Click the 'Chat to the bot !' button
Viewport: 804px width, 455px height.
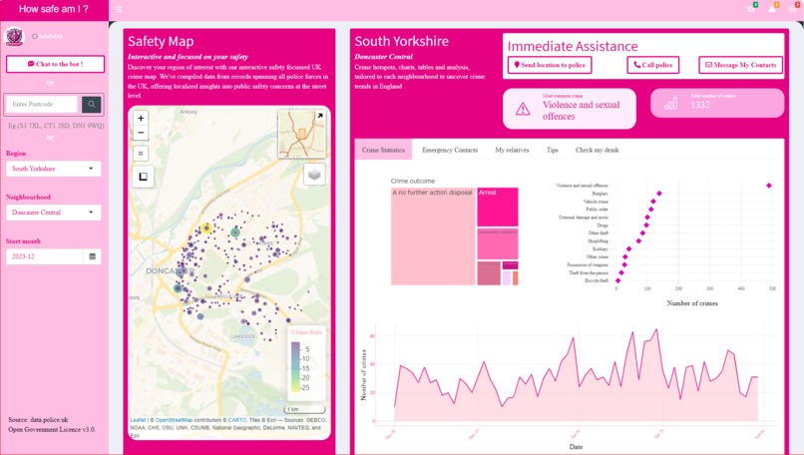(55, 64)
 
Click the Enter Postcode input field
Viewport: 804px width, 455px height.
(42, 104)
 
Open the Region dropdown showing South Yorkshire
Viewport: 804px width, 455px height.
(53, 169)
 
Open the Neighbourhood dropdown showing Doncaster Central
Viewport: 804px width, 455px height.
(53, 213)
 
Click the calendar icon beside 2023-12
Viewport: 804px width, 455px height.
(93, 256)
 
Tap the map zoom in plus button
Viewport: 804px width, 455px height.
(141, 118)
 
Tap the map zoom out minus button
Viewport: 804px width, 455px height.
(141, 133)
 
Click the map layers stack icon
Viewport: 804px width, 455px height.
(314, 174)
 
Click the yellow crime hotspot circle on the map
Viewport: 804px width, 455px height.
(206, 228)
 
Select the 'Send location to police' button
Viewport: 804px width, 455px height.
(549, 65)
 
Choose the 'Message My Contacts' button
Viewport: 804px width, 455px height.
(740, 65)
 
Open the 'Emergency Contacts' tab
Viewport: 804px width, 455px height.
(449, 150)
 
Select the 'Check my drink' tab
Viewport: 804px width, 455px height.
(598, 150)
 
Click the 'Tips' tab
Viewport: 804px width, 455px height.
(553, 150)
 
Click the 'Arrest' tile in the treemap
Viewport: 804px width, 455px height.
(497, 206)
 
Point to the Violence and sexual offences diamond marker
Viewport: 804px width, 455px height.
(769, 185)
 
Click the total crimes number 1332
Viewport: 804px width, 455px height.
(700, 105)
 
